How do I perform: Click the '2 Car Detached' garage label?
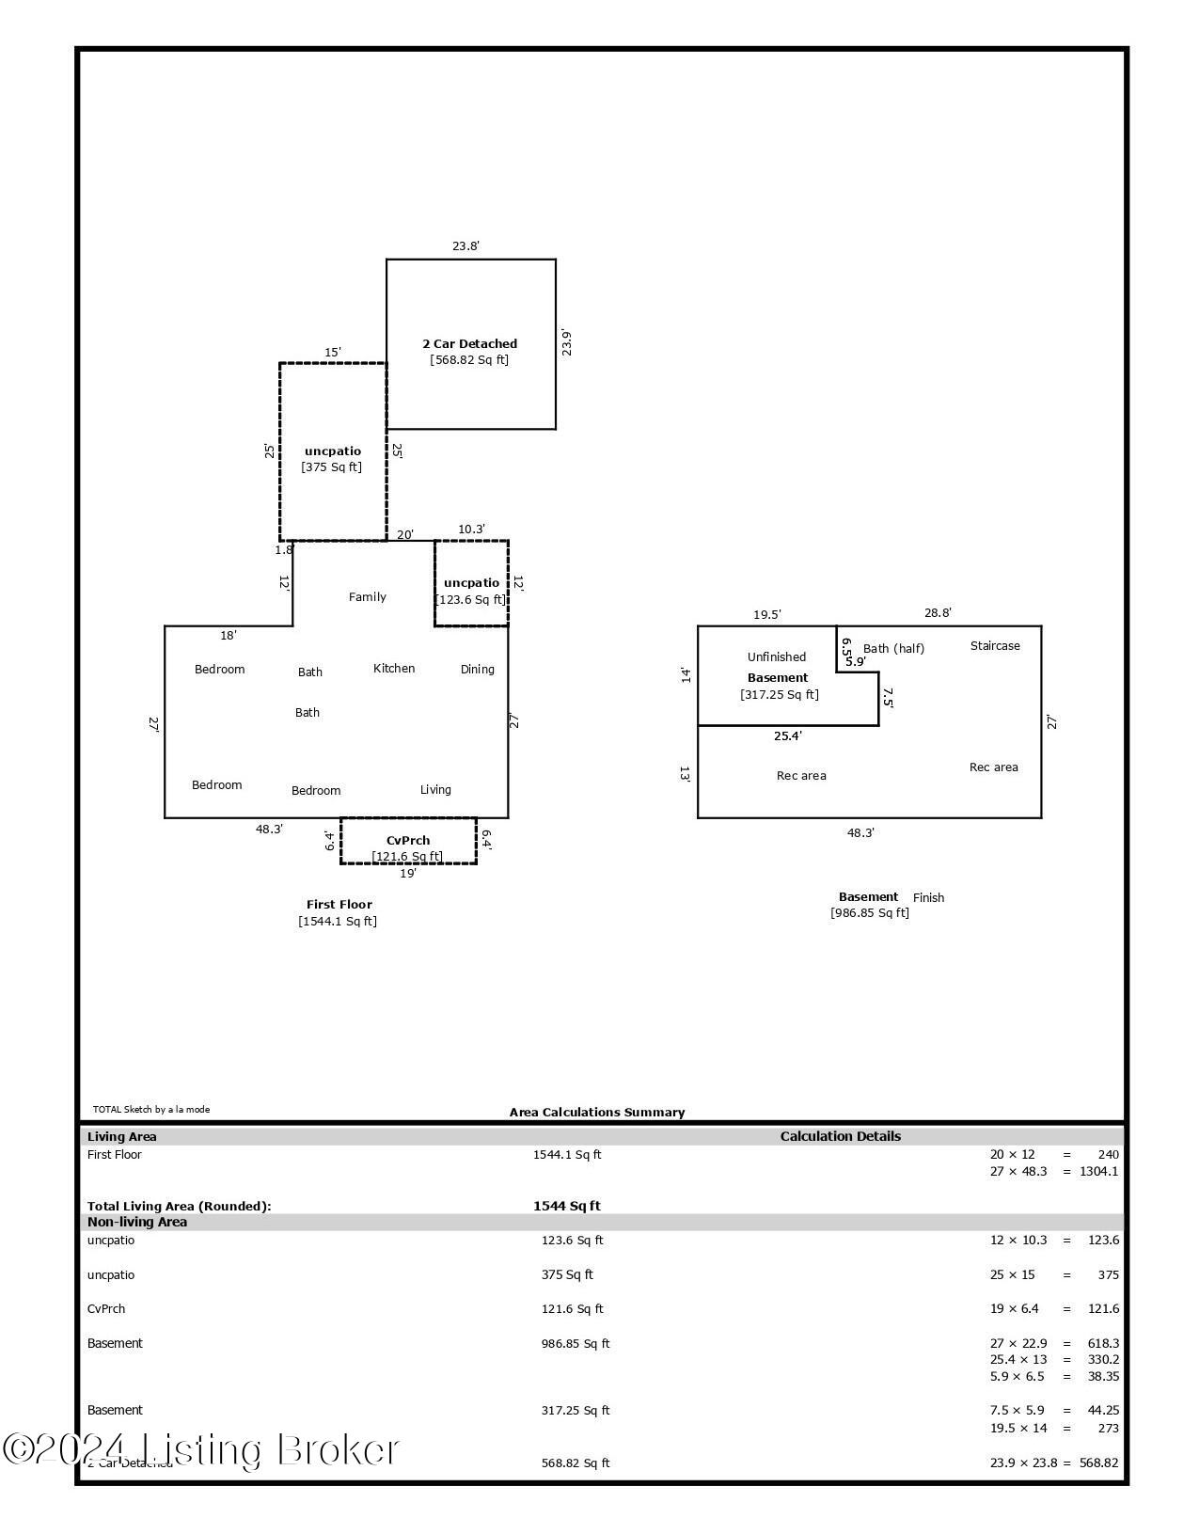(x=469, y=344)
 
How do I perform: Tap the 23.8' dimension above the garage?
(x=465, y=246)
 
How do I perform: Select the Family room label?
(x=367, y=597)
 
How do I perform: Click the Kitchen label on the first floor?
(x=394, y=669)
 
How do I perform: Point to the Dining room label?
(x=477, y=670)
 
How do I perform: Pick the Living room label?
(x=435, y=790)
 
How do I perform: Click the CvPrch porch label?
(x=408, y=841)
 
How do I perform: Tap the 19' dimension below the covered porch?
(x=407, y=874)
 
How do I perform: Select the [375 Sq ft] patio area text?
(x=331, y=467)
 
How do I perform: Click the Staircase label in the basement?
(x=995, y=646)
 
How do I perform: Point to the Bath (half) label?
(x=893, y=649)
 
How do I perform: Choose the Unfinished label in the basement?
(x=777, y=657)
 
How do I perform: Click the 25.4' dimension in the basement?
(x=788, y=736)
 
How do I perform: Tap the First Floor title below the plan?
(x=339, y=905)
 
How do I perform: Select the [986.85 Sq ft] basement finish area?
(x=870, y=913)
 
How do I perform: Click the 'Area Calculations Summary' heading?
(x=597, y=1113)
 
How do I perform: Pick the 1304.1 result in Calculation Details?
(x=1100, y=1172)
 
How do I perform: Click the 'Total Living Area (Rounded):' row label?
(x=179, y=1207)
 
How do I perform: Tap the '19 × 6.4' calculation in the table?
(x=1018, y=1309)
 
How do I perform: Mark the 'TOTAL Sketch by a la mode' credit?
(x=151, y=1110)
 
